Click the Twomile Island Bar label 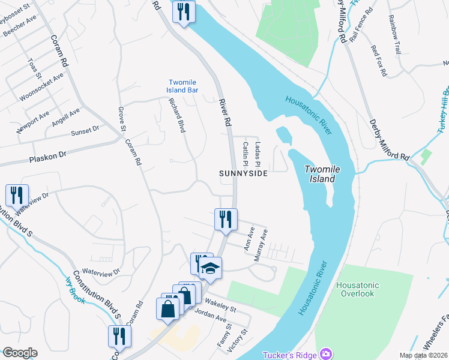coord(182,86)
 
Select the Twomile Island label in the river coord(322,174)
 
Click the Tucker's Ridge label coord(289,355)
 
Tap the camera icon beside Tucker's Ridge coord(326,354)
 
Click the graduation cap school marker coord(210,268)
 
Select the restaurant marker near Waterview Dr coord(16,196)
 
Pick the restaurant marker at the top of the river coord(183,11)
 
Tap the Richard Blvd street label coord(177,115)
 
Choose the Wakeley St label coord(220,305)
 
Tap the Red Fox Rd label coord(379,61)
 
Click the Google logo coord(20,352)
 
